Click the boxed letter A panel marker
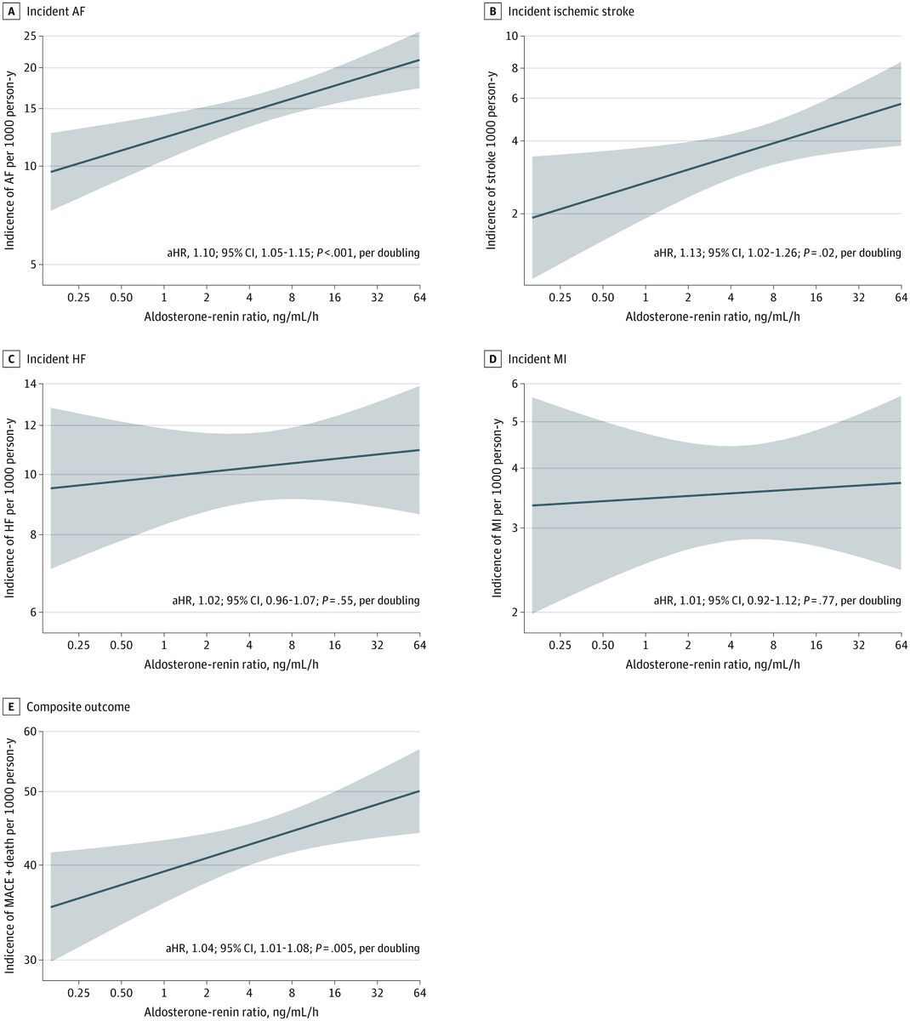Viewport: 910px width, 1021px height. [12, 11]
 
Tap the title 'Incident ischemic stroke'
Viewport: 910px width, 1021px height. [571, 11]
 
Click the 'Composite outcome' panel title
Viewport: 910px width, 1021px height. [78, 706]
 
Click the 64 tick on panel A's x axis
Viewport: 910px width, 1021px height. [419, 298]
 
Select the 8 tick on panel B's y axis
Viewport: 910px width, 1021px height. [514, 68]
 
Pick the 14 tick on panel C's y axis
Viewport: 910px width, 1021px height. [30, 384]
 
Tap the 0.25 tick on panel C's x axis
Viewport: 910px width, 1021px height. [78, 646]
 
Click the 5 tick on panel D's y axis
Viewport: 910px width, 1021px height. [514, 422]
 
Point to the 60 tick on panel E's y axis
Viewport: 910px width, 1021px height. [30, 732]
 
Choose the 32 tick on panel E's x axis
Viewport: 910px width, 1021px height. [377, 993]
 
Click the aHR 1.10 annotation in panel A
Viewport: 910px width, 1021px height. [293, 253]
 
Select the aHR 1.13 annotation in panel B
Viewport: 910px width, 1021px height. [776, 253]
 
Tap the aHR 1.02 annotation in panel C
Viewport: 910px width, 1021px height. [295, 601]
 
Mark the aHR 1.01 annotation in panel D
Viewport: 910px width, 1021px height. [776, 601]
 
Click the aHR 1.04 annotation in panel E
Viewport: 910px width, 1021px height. [293, 948]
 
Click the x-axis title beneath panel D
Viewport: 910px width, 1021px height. [713, 664]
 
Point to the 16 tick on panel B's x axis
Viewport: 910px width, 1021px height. [816, 298]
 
